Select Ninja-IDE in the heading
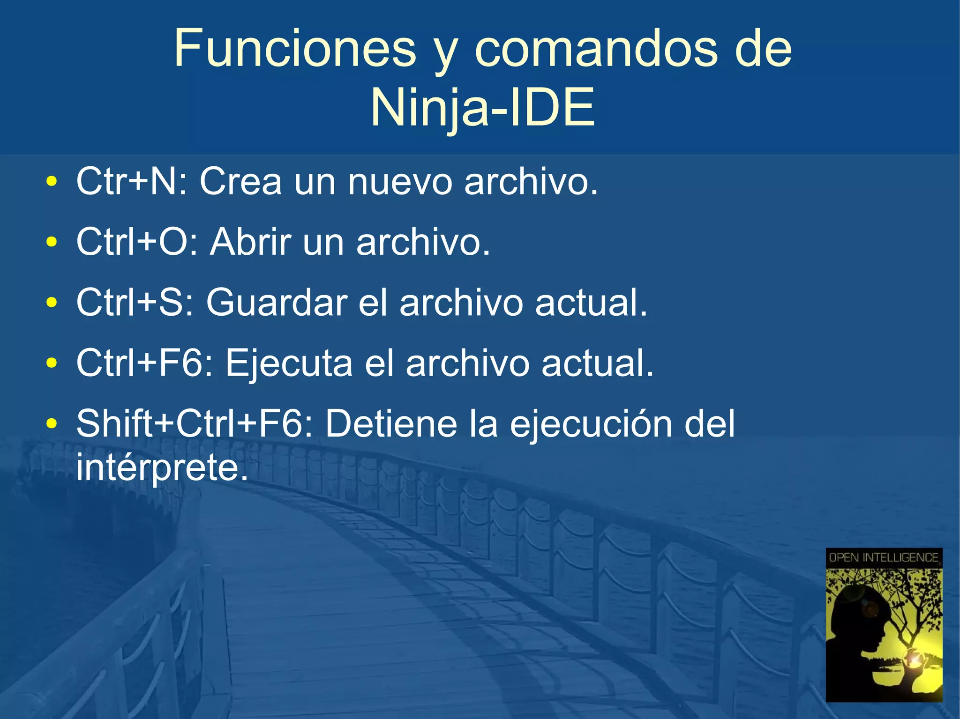point(483,108)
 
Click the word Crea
point(241,181)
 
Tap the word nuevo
point(400,181)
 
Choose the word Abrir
point(250,242)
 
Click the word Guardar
point(277,303)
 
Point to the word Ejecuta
point(289,363)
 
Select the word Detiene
point(391,424)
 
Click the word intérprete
point(162,467)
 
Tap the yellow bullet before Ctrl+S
point(52,303)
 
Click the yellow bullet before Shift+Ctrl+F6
point(52,424)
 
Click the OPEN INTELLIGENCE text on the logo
point(883,557)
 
